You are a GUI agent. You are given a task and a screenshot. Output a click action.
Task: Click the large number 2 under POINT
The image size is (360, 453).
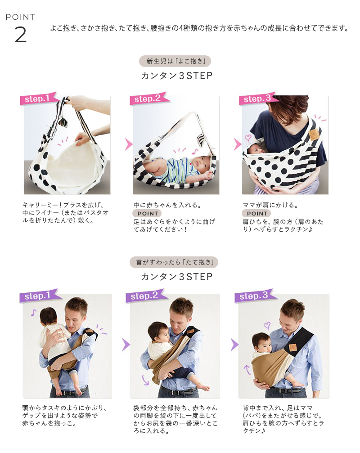[21, 35]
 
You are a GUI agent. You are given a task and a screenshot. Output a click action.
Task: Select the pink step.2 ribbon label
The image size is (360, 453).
[148, 99]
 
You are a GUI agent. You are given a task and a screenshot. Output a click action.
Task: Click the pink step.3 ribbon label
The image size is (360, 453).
[258, 99]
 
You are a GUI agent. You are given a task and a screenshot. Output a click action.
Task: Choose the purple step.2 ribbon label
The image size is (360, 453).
[146, 296]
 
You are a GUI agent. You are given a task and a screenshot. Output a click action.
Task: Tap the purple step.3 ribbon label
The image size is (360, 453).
[255, 296]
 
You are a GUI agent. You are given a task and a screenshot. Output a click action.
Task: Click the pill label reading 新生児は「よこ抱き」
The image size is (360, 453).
[175, 61]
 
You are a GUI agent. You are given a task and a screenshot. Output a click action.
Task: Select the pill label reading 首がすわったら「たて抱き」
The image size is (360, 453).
[174, 262]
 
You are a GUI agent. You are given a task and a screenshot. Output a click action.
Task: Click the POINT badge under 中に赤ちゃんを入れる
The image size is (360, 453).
[147, 214]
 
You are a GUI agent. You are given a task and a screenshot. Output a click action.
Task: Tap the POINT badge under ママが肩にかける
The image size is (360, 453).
[256, 214]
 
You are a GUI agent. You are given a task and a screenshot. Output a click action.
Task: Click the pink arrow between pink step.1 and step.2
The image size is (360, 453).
[128, 144]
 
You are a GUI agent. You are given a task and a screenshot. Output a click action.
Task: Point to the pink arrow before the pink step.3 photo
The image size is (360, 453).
[237, 144]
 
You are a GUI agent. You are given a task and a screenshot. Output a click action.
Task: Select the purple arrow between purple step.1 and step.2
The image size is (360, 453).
[126, 345]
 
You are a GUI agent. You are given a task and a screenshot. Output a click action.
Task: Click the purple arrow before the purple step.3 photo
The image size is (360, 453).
[234, 345]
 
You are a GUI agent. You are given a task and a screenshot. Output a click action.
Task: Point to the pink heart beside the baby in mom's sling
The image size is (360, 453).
[248, 138]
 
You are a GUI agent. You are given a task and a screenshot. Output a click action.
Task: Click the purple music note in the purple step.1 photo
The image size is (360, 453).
[33, 313]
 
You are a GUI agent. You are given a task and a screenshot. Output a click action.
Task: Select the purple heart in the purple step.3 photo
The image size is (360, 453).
[267, 325]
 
